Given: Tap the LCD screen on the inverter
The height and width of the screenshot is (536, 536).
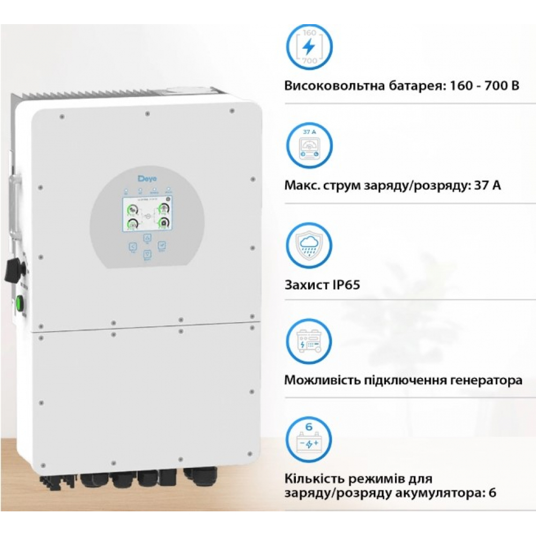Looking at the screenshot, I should [x=145, y=215].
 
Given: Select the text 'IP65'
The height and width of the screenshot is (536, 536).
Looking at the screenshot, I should [x=343, y=284].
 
